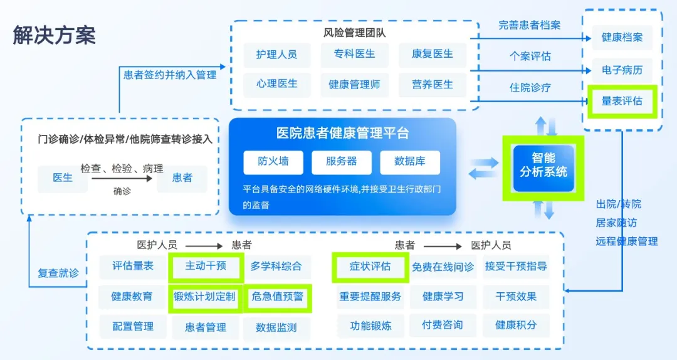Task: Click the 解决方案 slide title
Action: (x=55, y=35)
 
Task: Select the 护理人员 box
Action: (x=276, y=55)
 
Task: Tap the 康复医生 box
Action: (x=433, y=55)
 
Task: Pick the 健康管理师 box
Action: (x=354, y=85)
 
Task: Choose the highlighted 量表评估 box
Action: (x=622, y=101)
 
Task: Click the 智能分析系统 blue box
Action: (x=543, y=166)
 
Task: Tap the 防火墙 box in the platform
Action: (x=273, y=162)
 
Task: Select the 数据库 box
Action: (x=409, y=162)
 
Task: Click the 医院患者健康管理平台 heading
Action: (x=342, y=133)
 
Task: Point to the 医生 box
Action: (x=63, y=178)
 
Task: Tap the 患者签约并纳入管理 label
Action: (x=170, y=75)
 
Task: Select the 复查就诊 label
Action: (x=58, y=273)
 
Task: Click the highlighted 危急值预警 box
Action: (x=277, y=297)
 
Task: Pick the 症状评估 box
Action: (x=370, y=267)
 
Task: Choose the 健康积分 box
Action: (x=515, y=326)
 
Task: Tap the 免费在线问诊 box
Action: (x=443, y=267)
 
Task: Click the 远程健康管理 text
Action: (x=627, y=241)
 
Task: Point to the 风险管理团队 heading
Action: (x=354, y=33)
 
